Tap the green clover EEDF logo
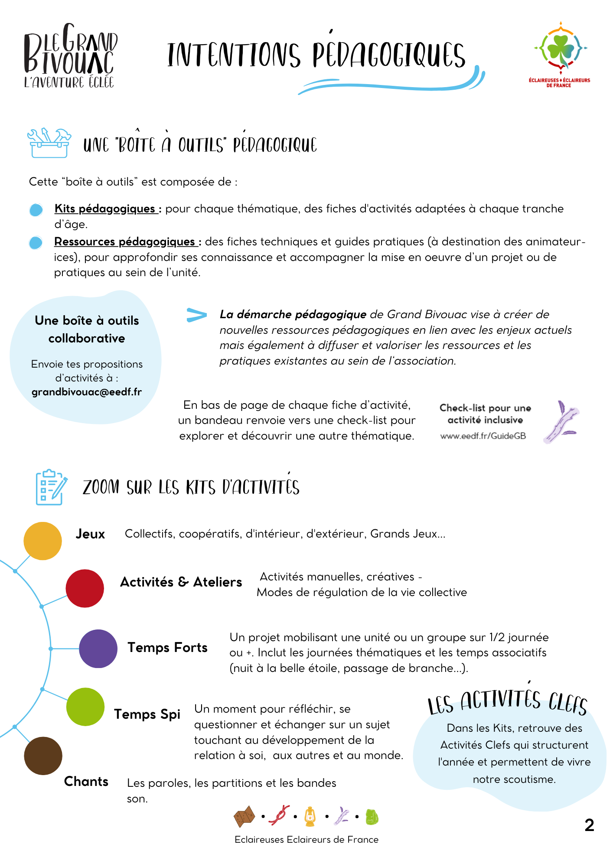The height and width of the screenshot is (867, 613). point(560,50)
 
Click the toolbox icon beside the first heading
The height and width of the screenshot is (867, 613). point(49,143)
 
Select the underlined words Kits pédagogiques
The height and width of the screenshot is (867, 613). point(105,209)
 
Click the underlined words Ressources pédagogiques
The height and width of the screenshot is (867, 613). point(125,241)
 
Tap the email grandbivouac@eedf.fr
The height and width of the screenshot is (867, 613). point(87,392)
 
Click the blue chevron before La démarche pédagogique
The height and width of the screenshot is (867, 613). point(196,315)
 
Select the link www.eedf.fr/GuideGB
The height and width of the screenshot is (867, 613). point(483,436)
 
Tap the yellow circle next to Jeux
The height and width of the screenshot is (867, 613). point(42,541)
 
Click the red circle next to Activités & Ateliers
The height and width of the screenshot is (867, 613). point(85,588)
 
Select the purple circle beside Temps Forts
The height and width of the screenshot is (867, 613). point(98,649)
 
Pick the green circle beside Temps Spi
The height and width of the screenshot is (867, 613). point(85,707)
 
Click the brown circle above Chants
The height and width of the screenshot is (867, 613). point(43,756)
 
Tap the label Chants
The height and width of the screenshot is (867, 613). point(86,781)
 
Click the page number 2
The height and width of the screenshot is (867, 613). point(589,825)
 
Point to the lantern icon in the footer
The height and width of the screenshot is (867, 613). point(310,817)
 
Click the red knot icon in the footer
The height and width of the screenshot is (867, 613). point(279,816)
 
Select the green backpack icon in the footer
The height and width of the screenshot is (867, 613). point(372,817)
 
